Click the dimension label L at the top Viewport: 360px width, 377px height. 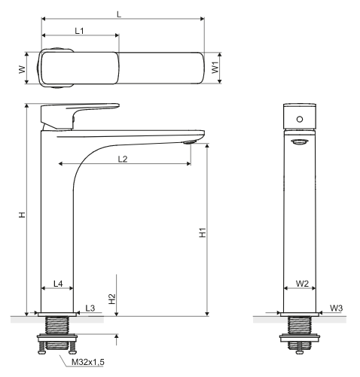[x=119, y=14]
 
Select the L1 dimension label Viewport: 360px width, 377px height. [x=79, y=31]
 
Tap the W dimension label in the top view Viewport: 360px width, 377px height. [x=23, y=69]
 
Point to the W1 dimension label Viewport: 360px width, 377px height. [x=215, y=68]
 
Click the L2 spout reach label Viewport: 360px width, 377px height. [x=123, y=159]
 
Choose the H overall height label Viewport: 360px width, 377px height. [x=23, y=214]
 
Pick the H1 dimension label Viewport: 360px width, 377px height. [x=203, y=233]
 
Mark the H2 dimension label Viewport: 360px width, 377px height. [x=112, y=299]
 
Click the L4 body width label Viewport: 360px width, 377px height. [x=58, y=284]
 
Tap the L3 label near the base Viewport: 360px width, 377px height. [x=90, y=308]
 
